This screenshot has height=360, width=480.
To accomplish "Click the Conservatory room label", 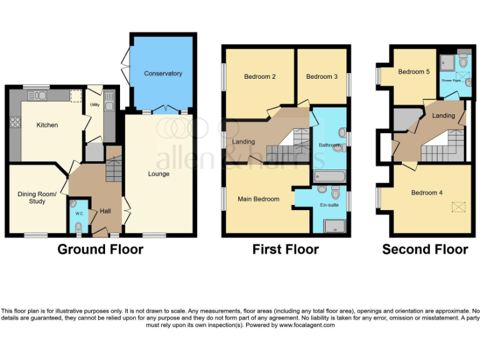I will [162, 74].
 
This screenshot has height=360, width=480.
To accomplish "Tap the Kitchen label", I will [47, 125].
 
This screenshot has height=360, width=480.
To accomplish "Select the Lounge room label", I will [159, 174].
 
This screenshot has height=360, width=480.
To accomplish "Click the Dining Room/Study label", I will [37, 197].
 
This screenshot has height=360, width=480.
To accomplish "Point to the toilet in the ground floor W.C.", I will [78, 229].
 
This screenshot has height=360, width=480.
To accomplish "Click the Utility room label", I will [94, 105].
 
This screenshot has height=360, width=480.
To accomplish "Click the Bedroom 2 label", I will [260, 77].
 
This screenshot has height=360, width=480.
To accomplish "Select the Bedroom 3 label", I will [321, 77].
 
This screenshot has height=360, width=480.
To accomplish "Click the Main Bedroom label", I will [258, 199].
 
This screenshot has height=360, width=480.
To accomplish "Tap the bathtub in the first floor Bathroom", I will [328, 177].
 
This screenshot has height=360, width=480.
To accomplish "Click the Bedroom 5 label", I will [414, 72].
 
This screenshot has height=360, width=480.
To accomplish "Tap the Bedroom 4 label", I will [427, 192].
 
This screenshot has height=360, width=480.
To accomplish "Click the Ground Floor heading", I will [100, 249].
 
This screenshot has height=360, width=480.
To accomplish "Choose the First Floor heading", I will [286, 249].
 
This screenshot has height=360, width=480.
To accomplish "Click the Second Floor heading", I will [425, 249].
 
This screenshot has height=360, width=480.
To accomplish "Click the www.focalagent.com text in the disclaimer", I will [307, 325].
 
